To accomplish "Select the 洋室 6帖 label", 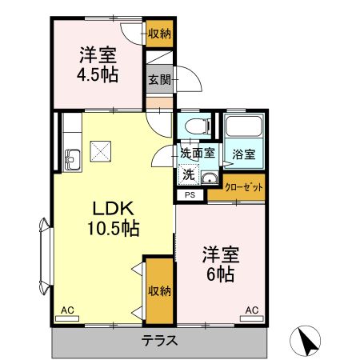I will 218,265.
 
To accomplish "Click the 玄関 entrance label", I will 158,79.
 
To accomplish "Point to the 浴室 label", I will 243,153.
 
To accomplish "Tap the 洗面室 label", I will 196,153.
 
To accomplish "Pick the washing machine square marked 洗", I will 187,174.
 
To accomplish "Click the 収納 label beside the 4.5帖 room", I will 158,33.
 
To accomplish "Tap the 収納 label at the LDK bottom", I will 158,290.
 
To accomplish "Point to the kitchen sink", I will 71,158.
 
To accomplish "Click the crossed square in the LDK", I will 102,150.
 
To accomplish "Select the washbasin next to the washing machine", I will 210,177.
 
